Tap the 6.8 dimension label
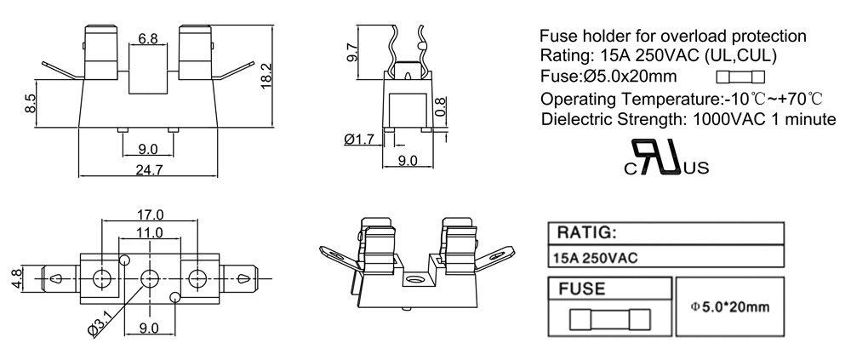tap(147, 38)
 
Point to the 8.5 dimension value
tap(31, 104)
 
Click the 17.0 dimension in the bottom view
tap(150, 214)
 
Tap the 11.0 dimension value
tap(150, 231)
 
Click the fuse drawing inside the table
tap(608, 321)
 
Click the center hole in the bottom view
tap(150, 277)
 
